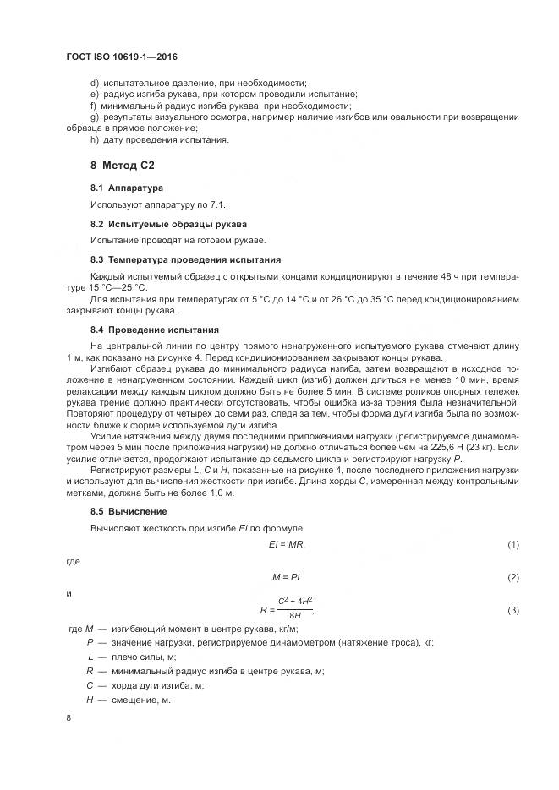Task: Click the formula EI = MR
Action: (286, 544)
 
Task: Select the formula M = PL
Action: (288, 577)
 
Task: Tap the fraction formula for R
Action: (288, 609)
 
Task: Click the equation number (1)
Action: (512, 544)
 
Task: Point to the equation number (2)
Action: (512, 577)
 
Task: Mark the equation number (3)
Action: (512, 609)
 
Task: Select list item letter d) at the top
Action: (94, 82)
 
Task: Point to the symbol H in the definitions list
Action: (90, 700)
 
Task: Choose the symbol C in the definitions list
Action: (90, 685)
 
